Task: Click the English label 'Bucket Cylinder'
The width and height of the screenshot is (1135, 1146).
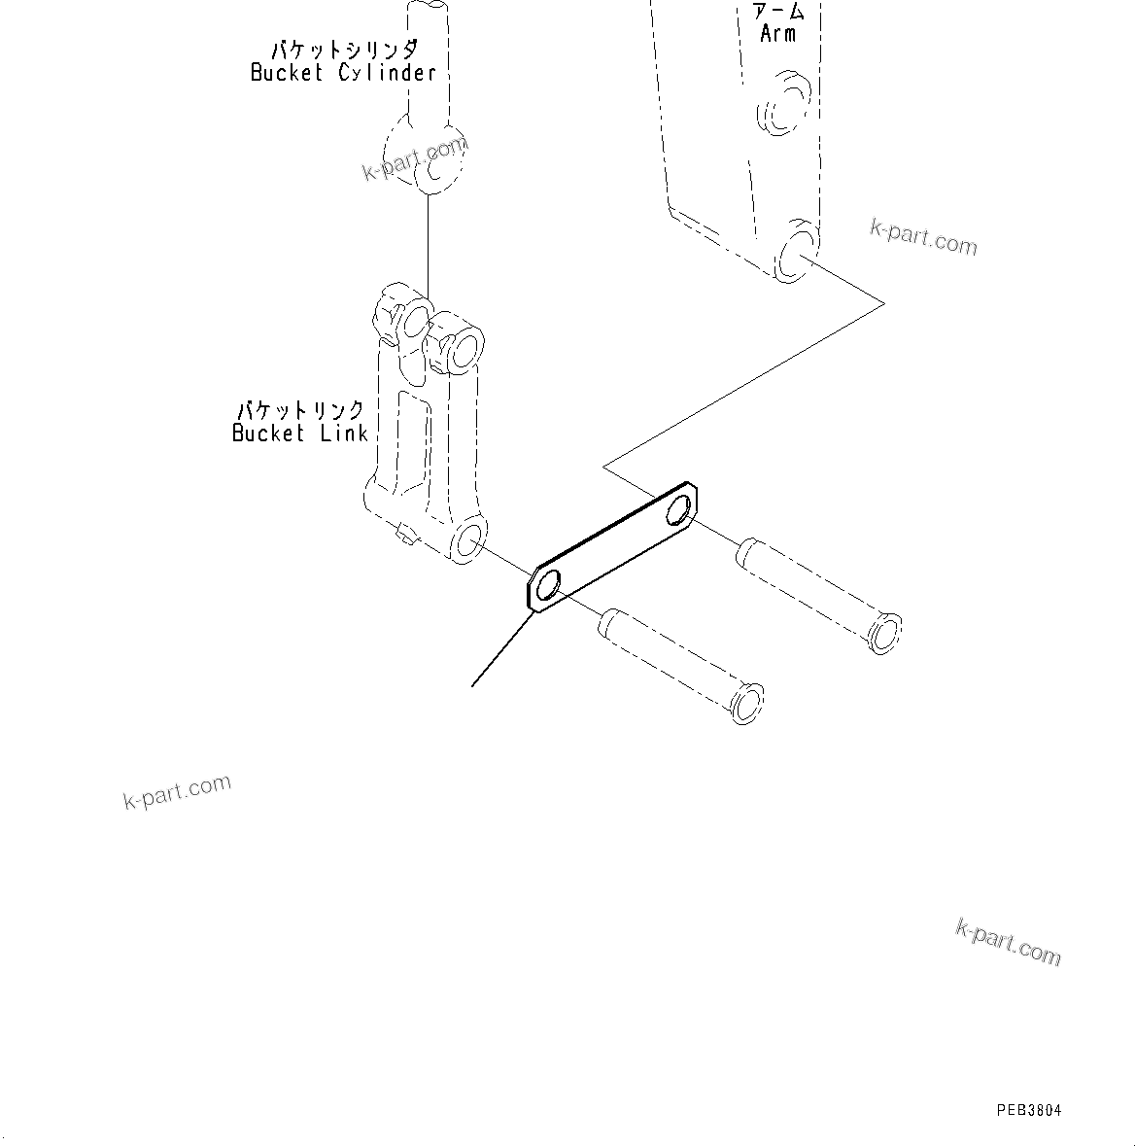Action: coord(343,73)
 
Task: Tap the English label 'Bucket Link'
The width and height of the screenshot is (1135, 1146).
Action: coord(300,434)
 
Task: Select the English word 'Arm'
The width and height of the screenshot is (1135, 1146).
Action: coord(777,34)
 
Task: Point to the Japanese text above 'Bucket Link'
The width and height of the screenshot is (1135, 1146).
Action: coord(301,410)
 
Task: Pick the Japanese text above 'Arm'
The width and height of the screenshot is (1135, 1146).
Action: coord(779,11)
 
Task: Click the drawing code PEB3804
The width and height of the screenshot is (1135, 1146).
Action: coord(1028,1110)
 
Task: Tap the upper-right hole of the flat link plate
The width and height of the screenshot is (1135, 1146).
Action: coord(682,507)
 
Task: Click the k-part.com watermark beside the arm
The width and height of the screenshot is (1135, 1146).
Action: coord(923,235)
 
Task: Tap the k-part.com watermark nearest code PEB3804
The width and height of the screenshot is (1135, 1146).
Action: coord(1008,941)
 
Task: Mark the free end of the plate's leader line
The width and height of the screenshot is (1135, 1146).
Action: coord(472,686)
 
